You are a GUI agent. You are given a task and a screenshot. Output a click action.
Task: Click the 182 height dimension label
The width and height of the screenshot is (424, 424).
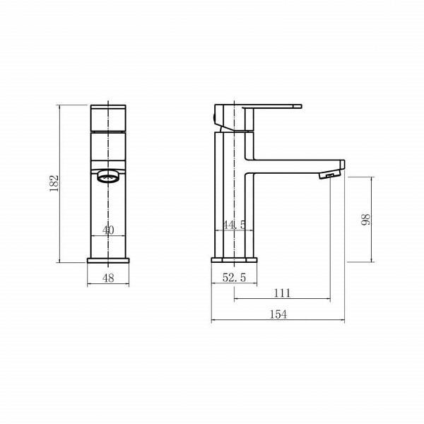coord(54,184)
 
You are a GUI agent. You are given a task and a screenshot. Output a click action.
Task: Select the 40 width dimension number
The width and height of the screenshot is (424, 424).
coord(108,230)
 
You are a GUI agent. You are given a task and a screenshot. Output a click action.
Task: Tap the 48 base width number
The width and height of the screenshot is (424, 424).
coord(108,278)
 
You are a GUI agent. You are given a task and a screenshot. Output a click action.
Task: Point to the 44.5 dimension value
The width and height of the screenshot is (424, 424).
coord(234,225)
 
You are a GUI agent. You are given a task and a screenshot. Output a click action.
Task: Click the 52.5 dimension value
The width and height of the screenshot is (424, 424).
coord(234,278)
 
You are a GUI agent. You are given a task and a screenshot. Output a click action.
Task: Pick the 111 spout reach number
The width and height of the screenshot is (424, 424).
coord(282,293)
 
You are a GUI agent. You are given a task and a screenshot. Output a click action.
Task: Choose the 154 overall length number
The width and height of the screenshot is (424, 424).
coord(278,314)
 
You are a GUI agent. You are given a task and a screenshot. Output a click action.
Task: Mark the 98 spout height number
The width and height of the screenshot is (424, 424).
coord(365,220)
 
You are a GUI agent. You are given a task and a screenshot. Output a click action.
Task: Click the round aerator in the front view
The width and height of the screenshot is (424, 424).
coord(108,177)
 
